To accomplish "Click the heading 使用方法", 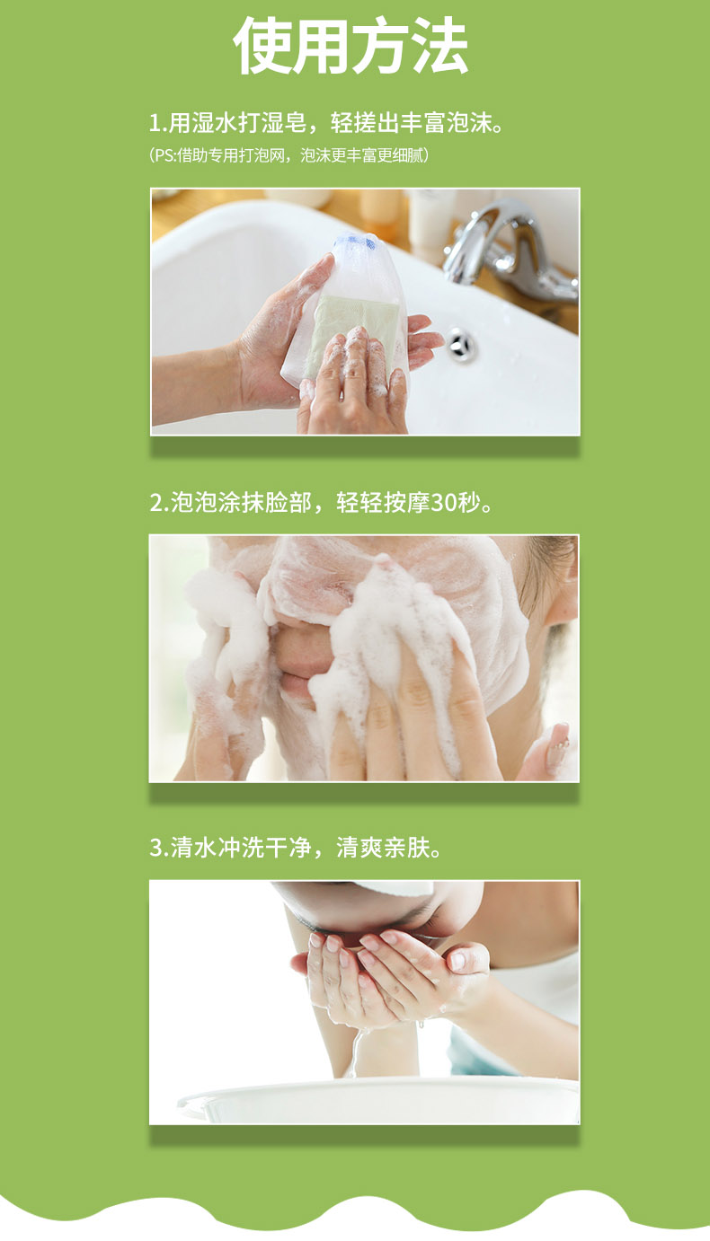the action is tap(351, 46).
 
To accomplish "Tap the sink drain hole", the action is tap(461, 345).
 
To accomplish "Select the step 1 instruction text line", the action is tap(327, 122).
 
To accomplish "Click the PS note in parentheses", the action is tap(288, 155).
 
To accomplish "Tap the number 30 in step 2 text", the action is tap(443, 503).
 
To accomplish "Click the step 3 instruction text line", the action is tap(296, 848).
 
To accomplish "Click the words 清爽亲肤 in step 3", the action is tap(383, 848).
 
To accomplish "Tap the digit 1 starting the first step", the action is tap(155, 123).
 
